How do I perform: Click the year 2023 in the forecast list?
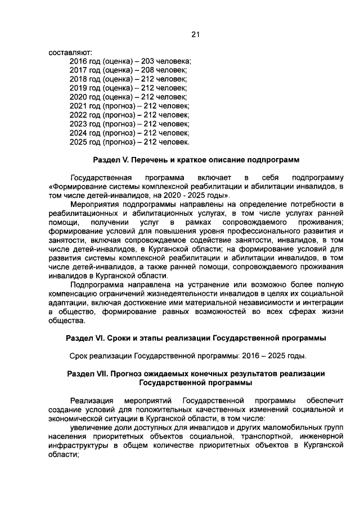(x=78, y=124)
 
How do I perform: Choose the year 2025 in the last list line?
(x=78, y=142)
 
